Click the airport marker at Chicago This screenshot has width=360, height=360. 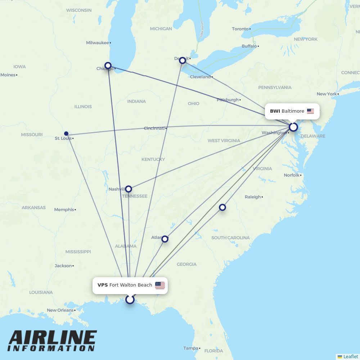108,66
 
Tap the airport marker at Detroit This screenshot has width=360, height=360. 183,60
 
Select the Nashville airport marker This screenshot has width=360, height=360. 129,189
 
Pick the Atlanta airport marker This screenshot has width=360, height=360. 165,239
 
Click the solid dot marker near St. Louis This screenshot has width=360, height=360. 66,133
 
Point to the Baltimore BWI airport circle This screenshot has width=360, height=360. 293,127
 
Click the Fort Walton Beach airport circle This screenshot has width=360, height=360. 130,300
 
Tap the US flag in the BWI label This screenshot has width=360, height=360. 310,111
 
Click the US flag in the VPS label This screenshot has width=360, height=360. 160,285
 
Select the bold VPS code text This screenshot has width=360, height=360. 103,285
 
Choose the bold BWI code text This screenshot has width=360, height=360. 275,111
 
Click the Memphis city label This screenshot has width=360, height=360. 64,210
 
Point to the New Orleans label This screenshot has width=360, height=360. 60,310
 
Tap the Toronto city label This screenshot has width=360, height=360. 240,29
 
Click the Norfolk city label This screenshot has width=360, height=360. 292,175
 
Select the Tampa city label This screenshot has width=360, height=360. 190,348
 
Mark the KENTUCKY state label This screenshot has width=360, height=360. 153,159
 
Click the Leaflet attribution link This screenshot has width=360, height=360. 351,356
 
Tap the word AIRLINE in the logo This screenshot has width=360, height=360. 53,338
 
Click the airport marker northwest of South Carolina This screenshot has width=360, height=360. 222,207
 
